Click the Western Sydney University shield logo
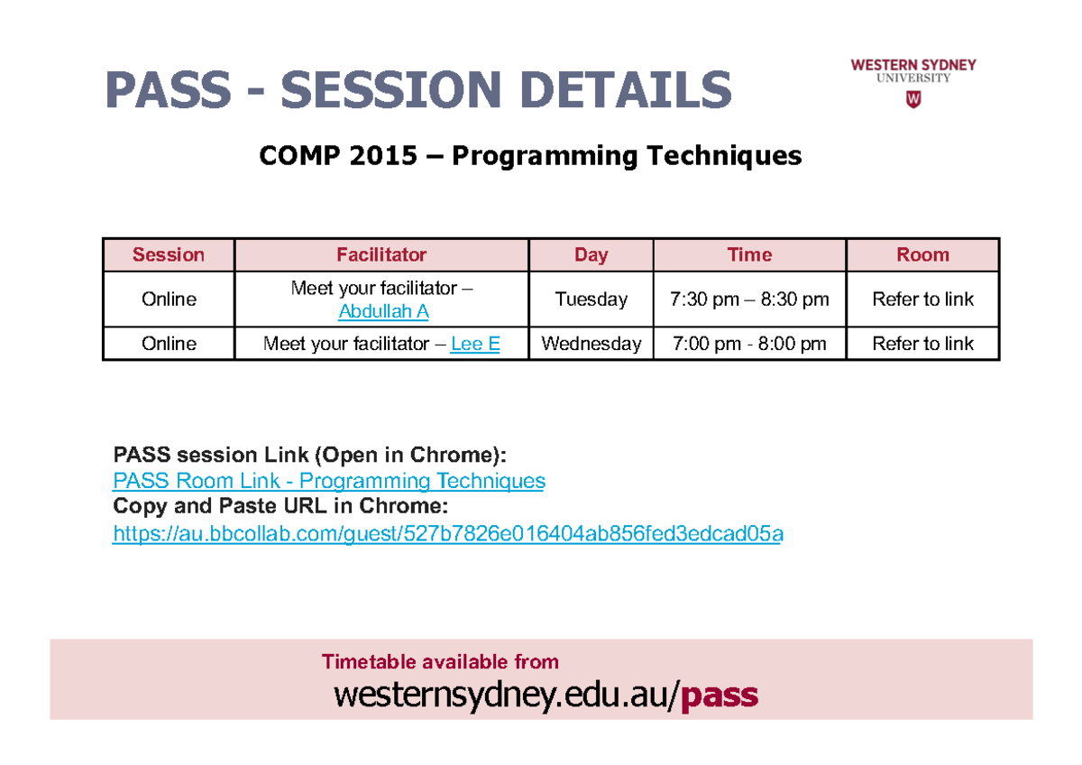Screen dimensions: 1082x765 point(912,99)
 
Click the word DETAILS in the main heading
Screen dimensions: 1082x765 point(626,89)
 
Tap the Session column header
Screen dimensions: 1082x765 point(169,254)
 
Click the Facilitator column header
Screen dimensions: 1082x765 point(381,254)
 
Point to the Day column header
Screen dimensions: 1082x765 point(591,255)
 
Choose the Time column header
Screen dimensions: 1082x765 point(749,254)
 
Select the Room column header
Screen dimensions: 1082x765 point(922,254)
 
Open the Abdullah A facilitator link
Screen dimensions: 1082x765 point(383,311)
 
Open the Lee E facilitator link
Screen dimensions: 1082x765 point(475,344)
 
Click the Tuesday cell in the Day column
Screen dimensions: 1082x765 point(591,300)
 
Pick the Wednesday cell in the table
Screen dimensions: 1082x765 point(591,344)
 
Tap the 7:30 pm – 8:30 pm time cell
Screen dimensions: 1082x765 point(749,300)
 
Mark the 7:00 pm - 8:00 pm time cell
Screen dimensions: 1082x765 point(749,344)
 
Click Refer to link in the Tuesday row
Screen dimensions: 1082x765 point(922,300)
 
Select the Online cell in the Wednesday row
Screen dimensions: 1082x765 point(169,344)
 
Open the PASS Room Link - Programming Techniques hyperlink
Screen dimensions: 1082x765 point(329,481)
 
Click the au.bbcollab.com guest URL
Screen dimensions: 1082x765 point(448,533)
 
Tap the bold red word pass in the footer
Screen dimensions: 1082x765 point(720,696)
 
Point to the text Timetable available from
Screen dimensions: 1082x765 point(440,661)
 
